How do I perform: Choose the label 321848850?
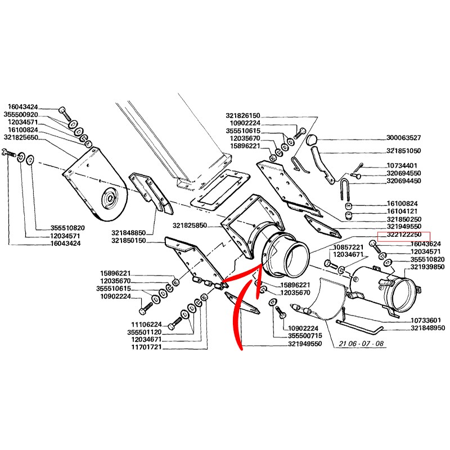(128, 232)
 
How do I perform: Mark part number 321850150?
(128, 241)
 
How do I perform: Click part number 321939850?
(428, 267)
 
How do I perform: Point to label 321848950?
(428, 328)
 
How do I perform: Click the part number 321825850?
(190, 226)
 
